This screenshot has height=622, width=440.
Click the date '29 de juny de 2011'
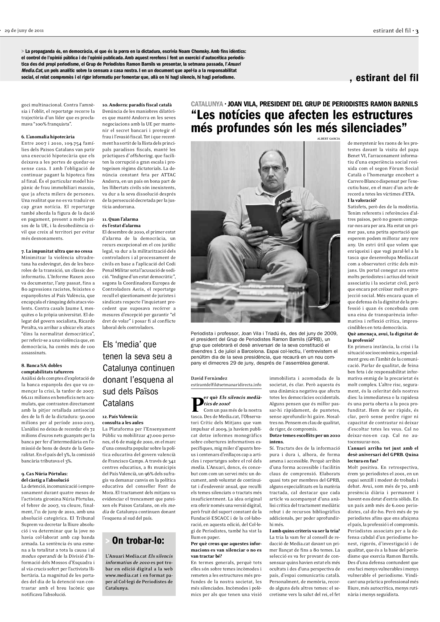click(24, 30)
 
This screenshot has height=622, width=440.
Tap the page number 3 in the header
click(417, 31)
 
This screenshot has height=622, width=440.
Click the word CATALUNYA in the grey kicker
click(207, 104)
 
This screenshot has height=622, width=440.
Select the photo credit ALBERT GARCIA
click(328, 139)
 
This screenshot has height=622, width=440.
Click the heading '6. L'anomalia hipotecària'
click(48, 137)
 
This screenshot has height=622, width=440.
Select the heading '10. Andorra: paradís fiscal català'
click(137, 105)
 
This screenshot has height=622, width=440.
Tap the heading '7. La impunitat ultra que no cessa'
click(57, 251)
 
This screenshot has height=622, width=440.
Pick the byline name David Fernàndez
click(209, 378)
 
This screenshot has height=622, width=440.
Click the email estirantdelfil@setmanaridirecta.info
click(226, 385)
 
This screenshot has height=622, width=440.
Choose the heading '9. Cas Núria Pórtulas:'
click(44, 474)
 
